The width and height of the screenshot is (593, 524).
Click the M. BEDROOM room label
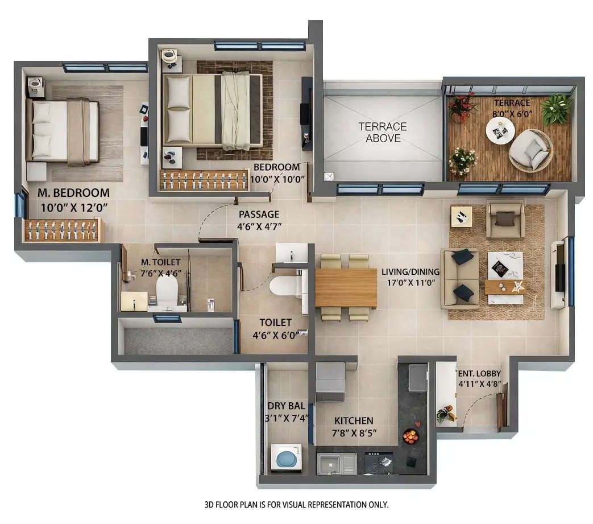coord(73,193)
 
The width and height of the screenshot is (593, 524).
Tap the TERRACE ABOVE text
coord(383,132)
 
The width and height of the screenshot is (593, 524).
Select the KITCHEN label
coord(354,420)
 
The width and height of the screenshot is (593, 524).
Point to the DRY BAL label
coord(286,406)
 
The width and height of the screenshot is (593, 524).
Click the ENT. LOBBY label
coord(480,373)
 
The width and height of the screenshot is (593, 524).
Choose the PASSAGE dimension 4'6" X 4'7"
coord(259,226)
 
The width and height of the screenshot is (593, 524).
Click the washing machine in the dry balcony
coord(286,457)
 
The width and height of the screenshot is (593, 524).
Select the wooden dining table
coord(346,287)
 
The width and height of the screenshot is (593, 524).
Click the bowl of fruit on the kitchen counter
coord(410,436)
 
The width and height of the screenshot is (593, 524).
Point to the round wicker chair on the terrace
coord(530,150)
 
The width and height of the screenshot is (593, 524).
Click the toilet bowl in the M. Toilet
coord(167,290)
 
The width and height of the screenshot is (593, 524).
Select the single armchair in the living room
coord(505,219)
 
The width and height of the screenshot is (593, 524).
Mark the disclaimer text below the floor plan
coord(296,505)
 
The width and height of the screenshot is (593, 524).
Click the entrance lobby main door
coord(502,407)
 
